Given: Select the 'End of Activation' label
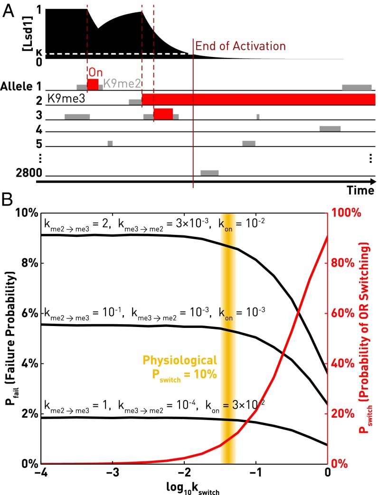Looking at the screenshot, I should (x=241, y=47).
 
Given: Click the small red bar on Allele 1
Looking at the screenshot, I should (x=93, y=84).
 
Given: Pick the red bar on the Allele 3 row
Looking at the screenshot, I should (x=163, y=114).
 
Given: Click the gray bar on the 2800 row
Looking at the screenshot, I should (x=209, y=173).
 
